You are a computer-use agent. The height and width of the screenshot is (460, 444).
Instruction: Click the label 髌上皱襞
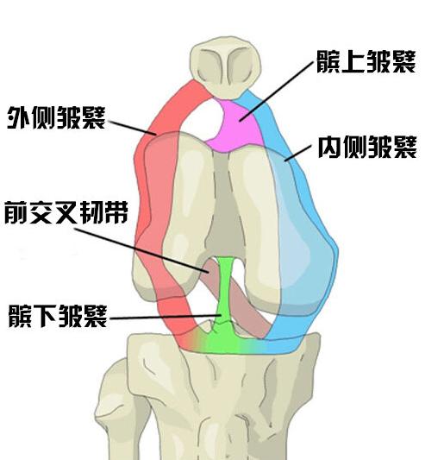point(366,61)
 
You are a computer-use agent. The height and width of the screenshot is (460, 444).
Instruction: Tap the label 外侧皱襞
point(56,117)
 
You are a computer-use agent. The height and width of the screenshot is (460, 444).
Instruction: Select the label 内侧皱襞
point(367,147)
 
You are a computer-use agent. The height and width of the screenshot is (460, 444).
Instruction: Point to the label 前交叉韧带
point(66,212)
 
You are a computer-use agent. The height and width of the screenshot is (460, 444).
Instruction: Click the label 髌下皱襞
point(58,316)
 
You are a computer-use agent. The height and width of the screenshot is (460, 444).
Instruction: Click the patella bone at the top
point(225,67)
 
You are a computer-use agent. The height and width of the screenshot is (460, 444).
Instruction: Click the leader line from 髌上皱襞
point(277,91)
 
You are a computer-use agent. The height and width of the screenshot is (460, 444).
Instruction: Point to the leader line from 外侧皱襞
point(132,128)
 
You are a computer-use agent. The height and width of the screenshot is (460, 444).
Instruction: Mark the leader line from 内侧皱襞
point(298,153)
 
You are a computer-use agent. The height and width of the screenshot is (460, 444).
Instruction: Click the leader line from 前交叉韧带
point(141,251)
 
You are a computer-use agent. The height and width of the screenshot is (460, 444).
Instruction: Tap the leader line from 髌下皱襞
point(166,317)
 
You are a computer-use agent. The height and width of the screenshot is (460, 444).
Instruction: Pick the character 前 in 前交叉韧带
point(16,212)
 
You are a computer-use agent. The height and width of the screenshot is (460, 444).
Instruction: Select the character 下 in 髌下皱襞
point(45,316)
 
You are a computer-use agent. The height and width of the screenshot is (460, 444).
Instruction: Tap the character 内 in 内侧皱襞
point(330,147)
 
